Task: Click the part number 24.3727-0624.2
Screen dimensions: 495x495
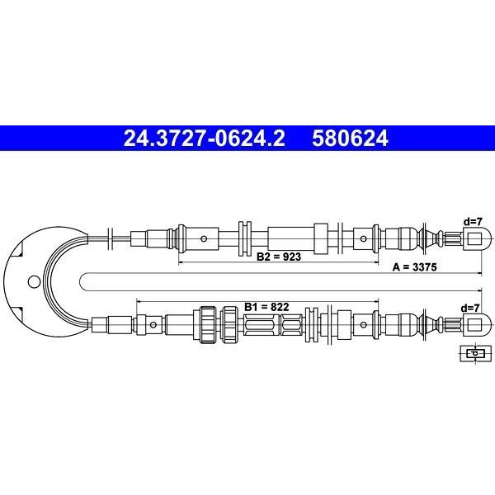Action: (x=205, y=139)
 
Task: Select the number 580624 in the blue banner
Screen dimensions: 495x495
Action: (x=350, y=139)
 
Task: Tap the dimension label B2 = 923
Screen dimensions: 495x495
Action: (x=279, y=257)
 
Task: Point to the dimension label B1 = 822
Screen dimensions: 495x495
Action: (x=266, y=307)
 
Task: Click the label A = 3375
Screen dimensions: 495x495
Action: (x=414, y=267)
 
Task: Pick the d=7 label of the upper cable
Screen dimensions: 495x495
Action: (x=473, y=222)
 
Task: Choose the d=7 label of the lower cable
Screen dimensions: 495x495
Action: (x=470, y=308)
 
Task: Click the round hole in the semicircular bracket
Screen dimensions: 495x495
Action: (x=34, y=282)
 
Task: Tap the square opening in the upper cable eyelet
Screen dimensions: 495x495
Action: (x=474, y=238)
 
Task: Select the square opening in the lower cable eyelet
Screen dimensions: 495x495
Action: (x=474, y=324)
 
